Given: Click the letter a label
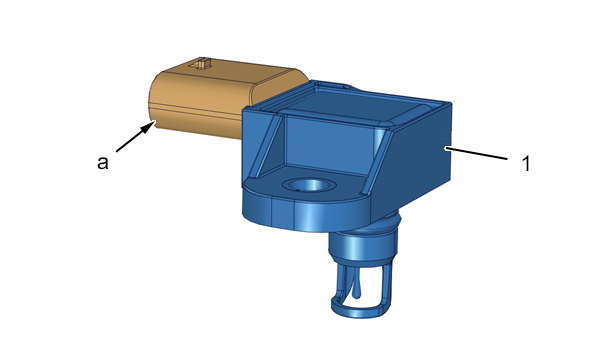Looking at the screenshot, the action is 102,163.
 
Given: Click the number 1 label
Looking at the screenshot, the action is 526,164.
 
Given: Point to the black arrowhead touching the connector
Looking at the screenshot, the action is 148,126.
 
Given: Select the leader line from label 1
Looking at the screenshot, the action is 476,153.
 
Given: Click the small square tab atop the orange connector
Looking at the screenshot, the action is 201,64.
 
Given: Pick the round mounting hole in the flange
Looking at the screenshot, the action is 310,184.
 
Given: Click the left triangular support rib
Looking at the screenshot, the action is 268,146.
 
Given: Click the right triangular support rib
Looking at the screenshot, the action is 376,162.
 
